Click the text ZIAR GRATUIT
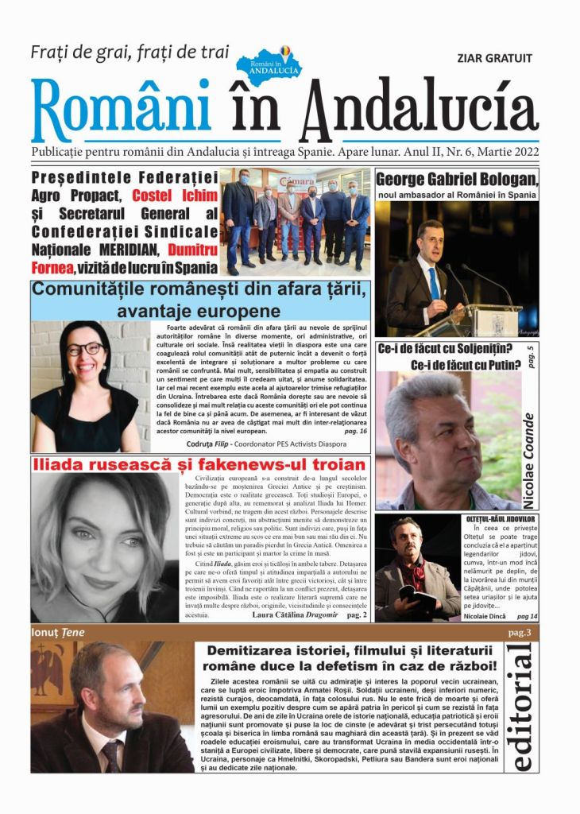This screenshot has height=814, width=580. [494, 58]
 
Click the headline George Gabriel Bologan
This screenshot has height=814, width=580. [456, 178]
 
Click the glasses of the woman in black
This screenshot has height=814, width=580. [84, 349]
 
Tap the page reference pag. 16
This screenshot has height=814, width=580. [355, 430]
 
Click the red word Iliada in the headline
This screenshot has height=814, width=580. [57, 464]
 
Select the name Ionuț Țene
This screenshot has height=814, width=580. [58, 633]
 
